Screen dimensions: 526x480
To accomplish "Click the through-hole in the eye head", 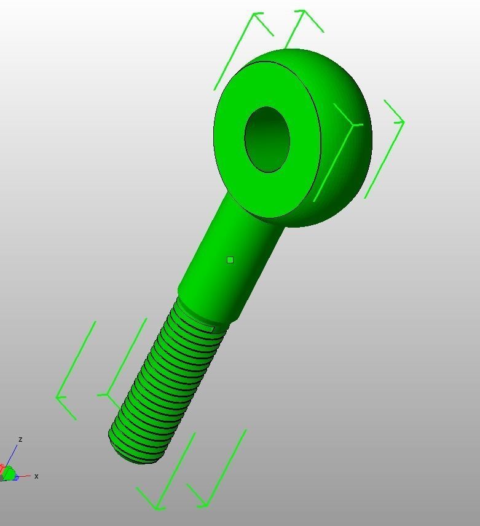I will click(x=267, y=140).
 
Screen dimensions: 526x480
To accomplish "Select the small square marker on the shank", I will click(x=230, y=260).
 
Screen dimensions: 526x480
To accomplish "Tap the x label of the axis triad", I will click(x=36, y=476).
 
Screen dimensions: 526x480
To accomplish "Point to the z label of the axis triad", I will click(x=20, y=439).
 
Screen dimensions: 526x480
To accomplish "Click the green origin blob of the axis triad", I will click(x=9, y=474).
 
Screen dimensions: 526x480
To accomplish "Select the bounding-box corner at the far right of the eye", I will click(x=403, y=122).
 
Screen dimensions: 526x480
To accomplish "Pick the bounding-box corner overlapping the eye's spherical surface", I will click(x=355, y=126).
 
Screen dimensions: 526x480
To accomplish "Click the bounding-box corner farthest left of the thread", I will click(x=57, y=397).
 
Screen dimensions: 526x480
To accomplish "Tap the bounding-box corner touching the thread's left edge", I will click(x=108, y=394).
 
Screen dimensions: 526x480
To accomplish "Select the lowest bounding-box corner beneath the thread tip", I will click(x=158, y=508).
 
